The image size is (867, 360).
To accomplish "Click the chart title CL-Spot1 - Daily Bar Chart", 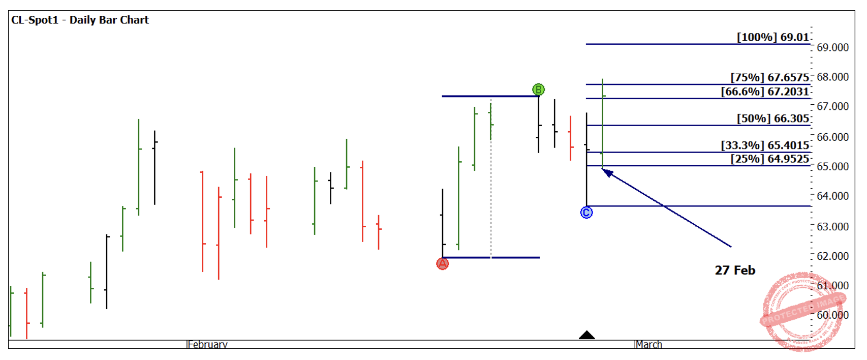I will click(x=80, y=20).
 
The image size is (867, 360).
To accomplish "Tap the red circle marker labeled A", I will click(x=443, y=264).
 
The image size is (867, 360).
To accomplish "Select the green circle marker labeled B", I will click(x=538, y=90).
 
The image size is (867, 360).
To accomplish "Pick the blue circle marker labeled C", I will click(x=586, y=213).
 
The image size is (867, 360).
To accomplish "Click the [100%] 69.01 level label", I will click(x=772, y=37).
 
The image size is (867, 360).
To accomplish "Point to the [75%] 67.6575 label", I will click(x=769, y=77).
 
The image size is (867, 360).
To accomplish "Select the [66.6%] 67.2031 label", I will click(x=765, y=92).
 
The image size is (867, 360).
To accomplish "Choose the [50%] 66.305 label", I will click(x=772, y=118).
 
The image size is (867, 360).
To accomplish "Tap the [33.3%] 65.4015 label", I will click(x=765, y=145).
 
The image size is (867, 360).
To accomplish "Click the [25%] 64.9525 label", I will click(x=769, y=159).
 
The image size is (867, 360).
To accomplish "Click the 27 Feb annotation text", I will click(x=735, y=271).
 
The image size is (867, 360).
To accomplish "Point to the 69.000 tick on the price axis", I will click(x=832, y=47).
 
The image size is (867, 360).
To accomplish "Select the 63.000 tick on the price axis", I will click(x=832, y=226).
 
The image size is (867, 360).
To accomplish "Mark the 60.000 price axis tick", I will click(x=832, y=315).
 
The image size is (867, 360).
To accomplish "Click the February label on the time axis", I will click(x=207, y=344).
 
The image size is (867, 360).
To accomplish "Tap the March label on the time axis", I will click(x=649, y=344).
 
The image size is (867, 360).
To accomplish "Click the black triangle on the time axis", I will click(x=586, y=335).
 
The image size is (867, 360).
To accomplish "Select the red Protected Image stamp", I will click(x=802, y=311).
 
